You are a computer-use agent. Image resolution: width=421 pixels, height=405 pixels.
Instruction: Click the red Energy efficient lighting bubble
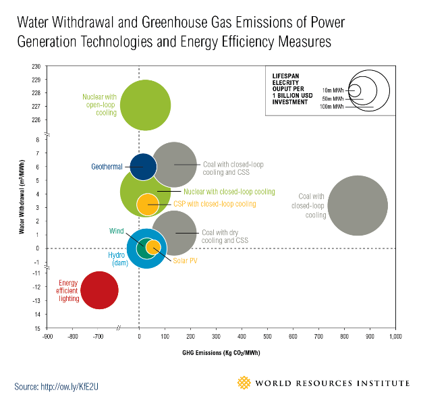(99, 290)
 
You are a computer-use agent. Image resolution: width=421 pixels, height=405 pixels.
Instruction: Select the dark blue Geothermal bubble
(143, 167)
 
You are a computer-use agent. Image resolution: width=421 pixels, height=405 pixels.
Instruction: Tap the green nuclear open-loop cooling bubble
(145, 105)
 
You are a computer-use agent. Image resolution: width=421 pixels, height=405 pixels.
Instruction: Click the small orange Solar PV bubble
(153, 247)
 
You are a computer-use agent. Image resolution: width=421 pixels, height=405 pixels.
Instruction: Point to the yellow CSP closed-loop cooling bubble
(147, 202)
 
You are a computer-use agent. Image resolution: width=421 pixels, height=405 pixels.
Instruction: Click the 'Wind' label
(117, 231)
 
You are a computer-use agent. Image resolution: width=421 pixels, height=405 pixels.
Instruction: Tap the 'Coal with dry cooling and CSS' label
(225, 236)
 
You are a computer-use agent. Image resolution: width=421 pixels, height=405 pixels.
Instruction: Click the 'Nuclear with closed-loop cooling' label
(229, 192)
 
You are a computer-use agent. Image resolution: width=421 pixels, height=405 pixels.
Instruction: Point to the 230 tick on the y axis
(35, 66)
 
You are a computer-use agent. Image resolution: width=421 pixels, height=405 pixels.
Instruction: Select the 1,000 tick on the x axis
(394, 335)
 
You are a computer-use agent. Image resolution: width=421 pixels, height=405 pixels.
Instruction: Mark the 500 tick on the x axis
(267, 335)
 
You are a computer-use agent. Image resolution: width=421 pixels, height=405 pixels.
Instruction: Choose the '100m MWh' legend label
(332, 107)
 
